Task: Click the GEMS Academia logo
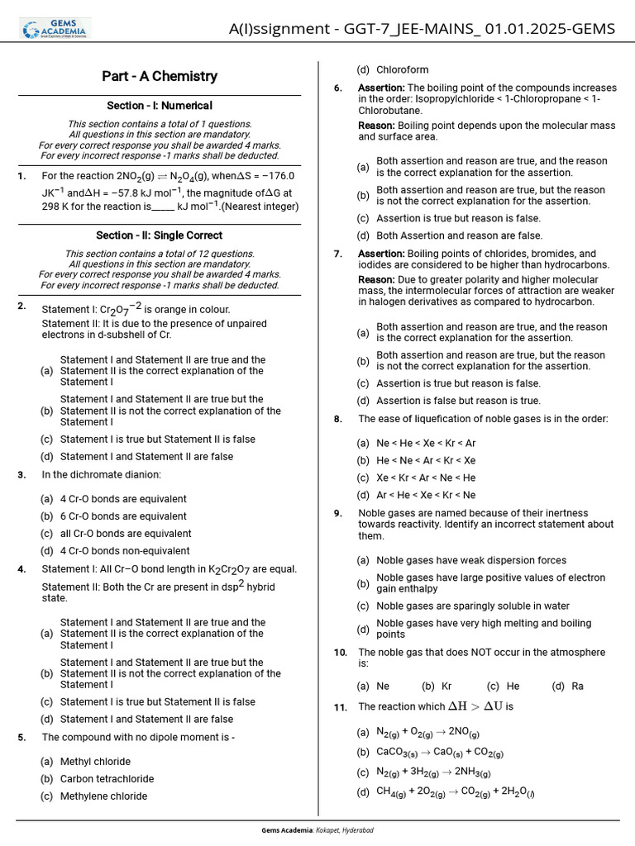tap(56, 28)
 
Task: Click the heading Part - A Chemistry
tap(160, 76)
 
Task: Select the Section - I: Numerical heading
tap(160, 106)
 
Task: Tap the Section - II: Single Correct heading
tap(160, 235)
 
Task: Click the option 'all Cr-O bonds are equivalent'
tap(126, 534)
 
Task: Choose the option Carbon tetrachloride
tap(107, 779)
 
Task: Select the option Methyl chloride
tap(95, 762)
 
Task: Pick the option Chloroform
tap(403, 70)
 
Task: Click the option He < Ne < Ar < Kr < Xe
tap(426, 460)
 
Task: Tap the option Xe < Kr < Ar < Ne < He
tap(426, 478)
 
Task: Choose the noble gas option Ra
tap(577, 687)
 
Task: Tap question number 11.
tap(340, 707)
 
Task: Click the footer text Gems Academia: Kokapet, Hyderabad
tap(317, 830)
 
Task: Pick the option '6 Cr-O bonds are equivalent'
tap(123, 516)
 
